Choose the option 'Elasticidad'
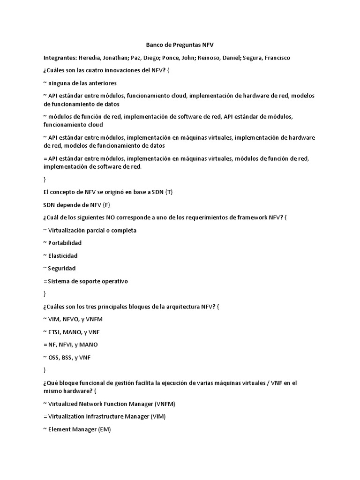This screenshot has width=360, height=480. (x=63, y=256)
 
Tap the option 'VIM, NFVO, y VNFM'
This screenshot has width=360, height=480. (x=75, y=319)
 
